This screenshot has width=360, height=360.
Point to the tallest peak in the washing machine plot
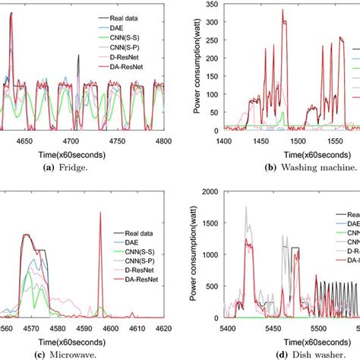(282, 10)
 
